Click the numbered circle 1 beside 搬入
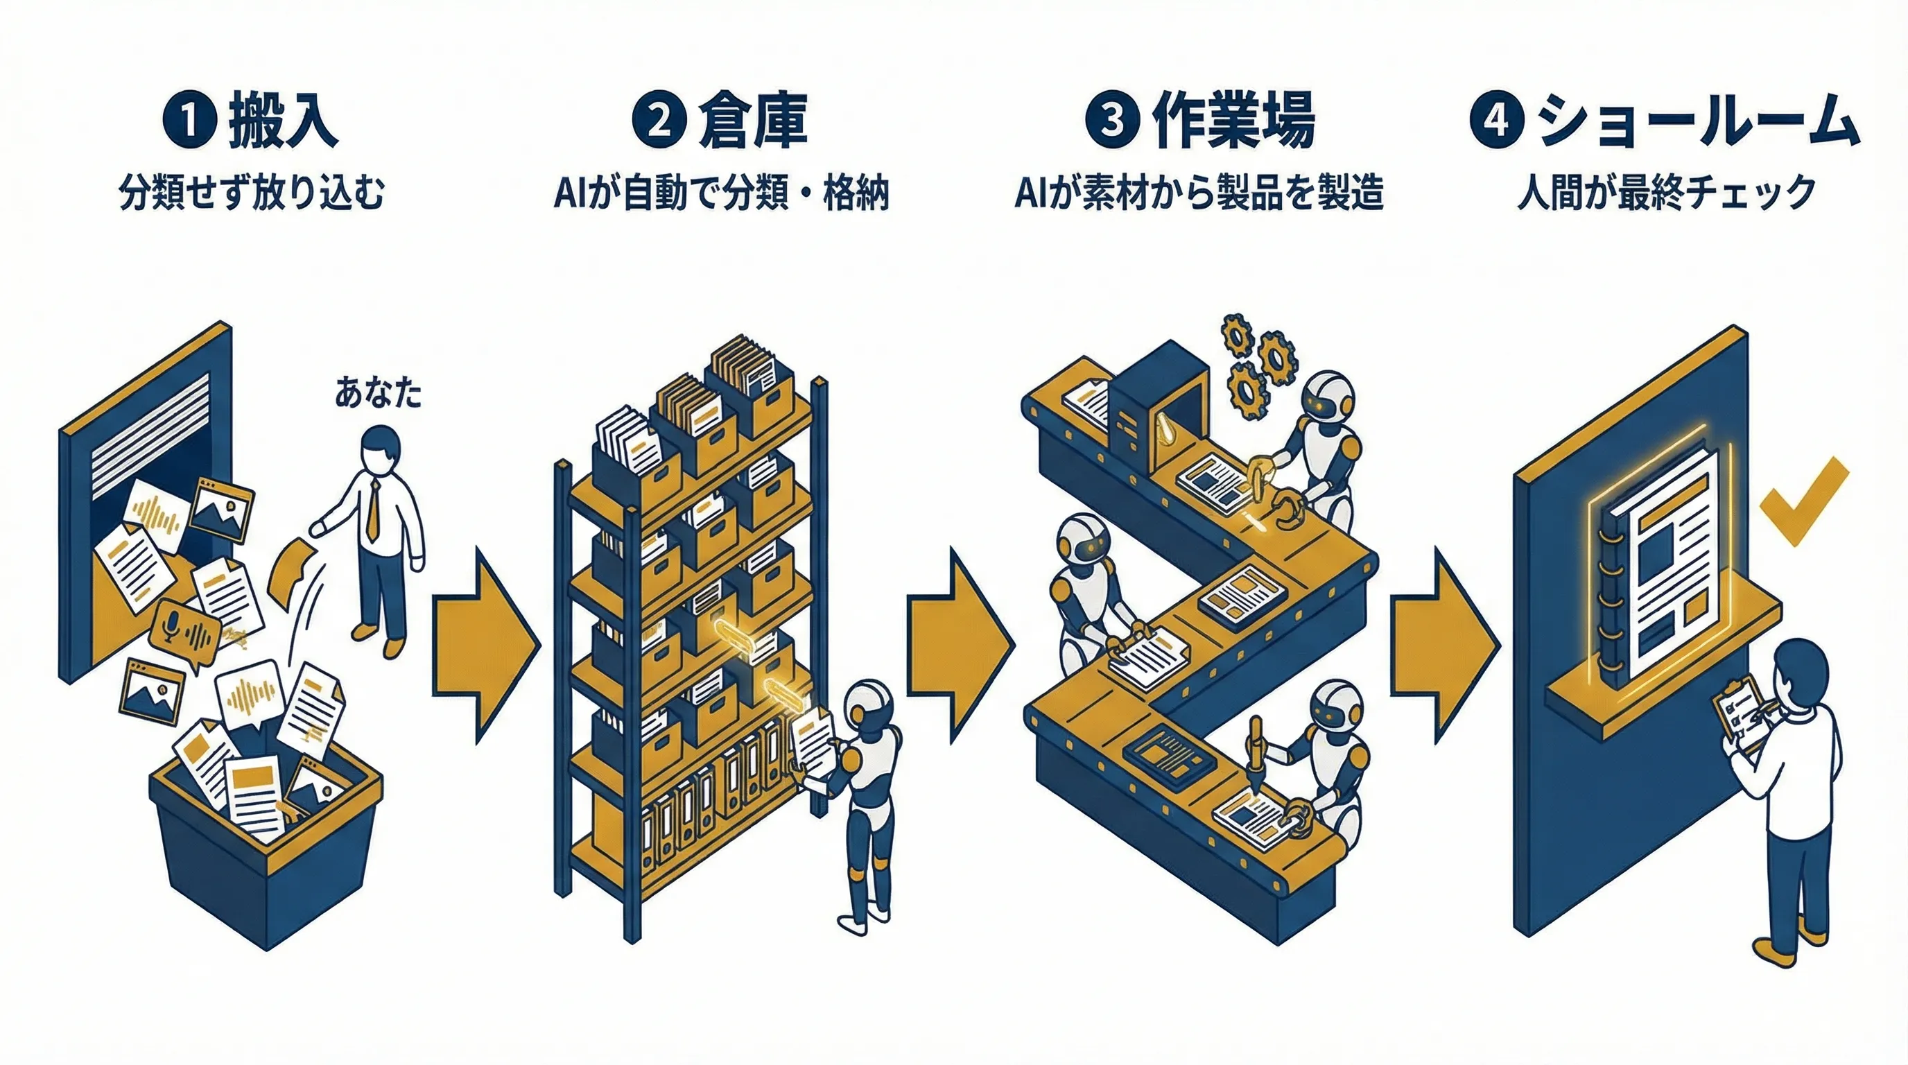click(189, 121)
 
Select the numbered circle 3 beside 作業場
click(1112, 121)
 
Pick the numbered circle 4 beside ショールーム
click(1497, 121)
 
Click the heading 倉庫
click(752, 121)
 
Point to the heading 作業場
click(1233, 121)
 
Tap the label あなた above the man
click(378, 392)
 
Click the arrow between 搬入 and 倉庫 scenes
click(485, 644)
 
